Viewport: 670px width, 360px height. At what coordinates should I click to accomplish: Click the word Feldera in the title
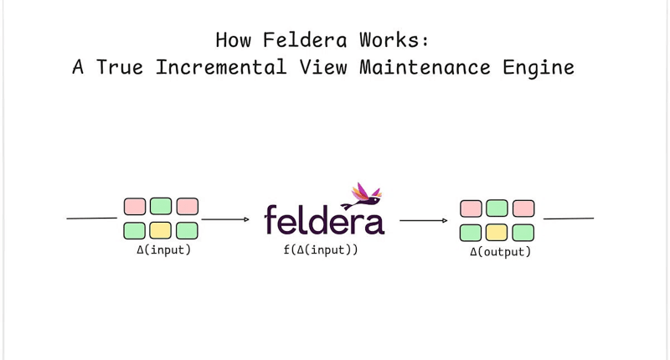(305, 40)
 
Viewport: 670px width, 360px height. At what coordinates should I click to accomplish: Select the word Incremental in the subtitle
(220, 67)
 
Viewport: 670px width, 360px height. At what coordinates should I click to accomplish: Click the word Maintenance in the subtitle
(425, 67)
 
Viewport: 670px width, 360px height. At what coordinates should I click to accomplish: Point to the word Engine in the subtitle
(539, 68)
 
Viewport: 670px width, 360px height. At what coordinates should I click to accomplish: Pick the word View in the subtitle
(322, 67)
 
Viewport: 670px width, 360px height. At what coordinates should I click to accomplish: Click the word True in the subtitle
(119, 67)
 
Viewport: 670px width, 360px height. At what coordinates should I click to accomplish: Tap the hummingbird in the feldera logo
(362, 196)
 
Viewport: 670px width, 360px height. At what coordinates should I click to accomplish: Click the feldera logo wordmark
(324, 219)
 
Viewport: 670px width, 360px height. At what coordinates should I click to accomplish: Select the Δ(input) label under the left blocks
(163, 249)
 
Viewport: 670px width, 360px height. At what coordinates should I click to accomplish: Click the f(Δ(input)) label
(321, 249)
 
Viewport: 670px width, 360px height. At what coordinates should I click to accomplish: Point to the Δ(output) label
(500, 251)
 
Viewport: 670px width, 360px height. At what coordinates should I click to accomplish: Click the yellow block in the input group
(161, 230)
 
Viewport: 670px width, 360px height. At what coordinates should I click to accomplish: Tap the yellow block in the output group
(497, 233)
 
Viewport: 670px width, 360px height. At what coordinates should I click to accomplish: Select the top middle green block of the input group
(161, 206)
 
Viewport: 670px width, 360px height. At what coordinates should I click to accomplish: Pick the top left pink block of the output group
(471, 208)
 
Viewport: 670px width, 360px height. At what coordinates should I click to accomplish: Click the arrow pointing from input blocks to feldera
(225, 219)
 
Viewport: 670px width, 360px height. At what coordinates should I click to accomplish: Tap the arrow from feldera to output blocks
(424, 220)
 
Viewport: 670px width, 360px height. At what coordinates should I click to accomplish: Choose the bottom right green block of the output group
(523, 233)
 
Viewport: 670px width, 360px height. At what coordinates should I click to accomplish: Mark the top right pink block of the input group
(187, 206)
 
